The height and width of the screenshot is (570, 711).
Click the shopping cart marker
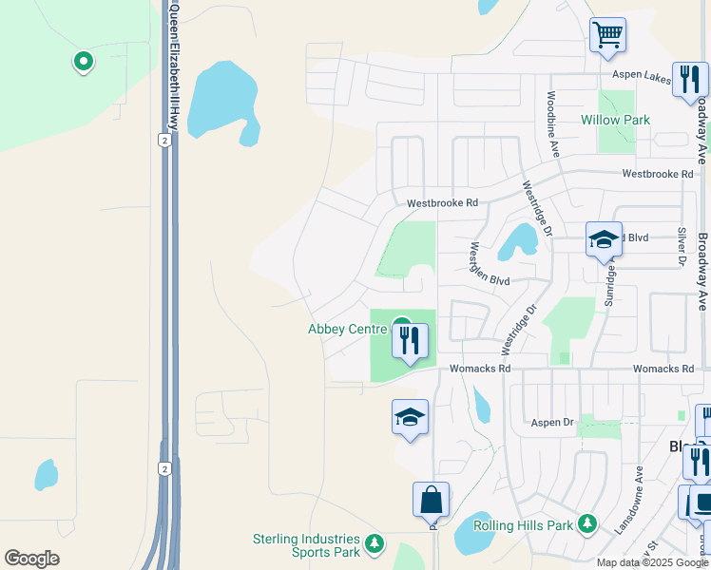(x=607, y=36)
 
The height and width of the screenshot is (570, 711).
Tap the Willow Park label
(x=615, y=121)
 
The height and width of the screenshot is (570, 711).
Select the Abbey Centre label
(x=347, y=330)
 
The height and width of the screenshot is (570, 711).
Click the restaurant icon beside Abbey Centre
(x=411, y=340)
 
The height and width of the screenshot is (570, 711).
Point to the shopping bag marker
(x=431, y=499)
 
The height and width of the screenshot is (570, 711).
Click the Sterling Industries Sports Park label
(x=306, y=545)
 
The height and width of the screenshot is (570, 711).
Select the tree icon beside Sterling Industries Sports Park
(x=375, y=543)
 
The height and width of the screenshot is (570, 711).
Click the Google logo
(x=31, y=559)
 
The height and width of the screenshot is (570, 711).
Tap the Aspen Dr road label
(x=553, y=422)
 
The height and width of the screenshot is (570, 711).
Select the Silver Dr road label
(x=682, y=245)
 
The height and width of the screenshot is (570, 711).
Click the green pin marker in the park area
(x=83, y=62)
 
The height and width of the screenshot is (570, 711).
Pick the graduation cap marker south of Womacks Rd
(x=410, y=417)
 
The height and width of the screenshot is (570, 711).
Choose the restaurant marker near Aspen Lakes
(x=689, y=80)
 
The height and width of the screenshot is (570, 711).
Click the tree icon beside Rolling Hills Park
(x=587, y=522)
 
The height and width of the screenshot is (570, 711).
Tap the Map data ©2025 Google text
(x=651, y=561)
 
